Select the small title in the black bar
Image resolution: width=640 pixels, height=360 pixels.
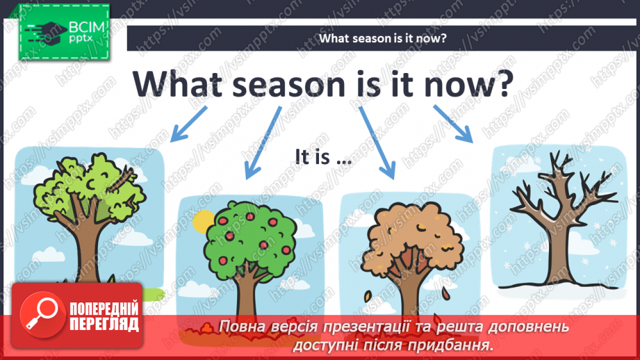click(382, 38)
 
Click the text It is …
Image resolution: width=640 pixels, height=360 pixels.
click(321, 158)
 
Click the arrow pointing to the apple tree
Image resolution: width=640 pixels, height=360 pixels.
click(263, 142)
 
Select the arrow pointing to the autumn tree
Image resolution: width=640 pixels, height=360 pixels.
click(377, 142)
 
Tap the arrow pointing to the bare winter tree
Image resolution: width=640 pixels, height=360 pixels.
click(453, 123)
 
